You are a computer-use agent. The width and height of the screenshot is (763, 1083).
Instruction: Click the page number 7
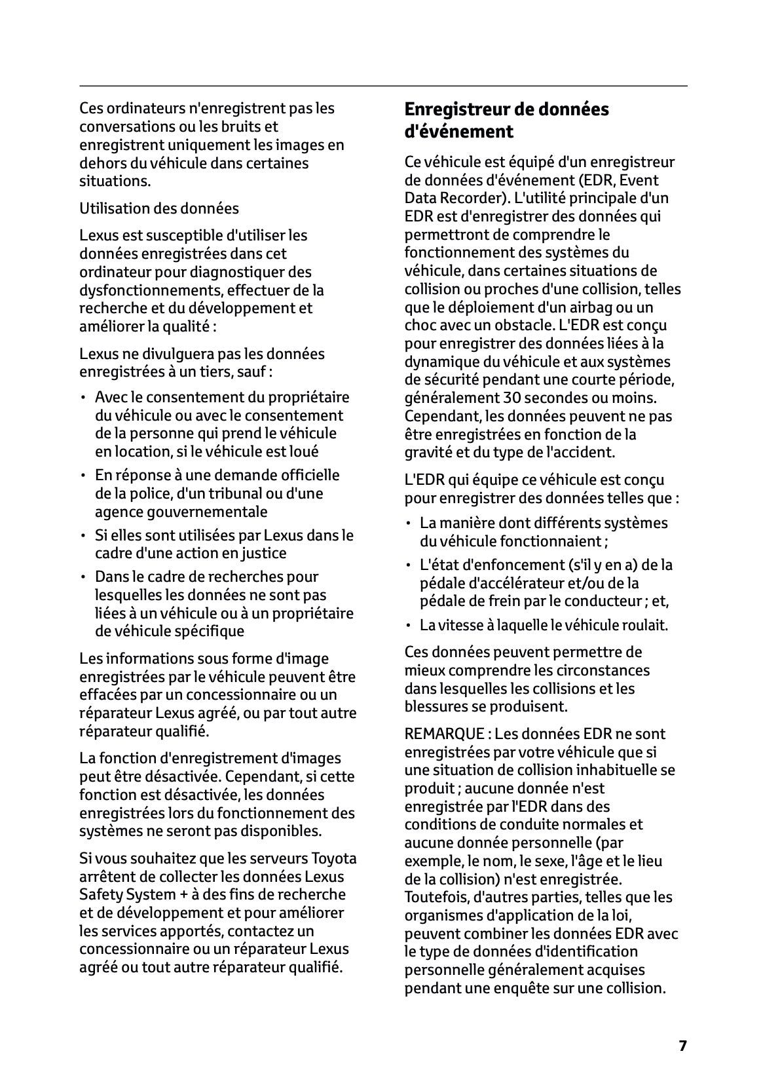point(682,1046)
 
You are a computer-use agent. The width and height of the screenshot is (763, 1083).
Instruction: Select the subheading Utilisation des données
point(159,208)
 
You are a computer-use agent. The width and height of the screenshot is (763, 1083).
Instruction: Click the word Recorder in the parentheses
point(468,198)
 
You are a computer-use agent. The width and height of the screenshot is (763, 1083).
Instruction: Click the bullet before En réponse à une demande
point(83,475)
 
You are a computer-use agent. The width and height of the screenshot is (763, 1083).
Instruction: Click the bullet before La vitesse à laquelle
point(408,625)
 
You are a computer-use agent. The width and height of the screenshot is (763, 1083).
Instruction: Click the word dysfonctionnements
point(149,290)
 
